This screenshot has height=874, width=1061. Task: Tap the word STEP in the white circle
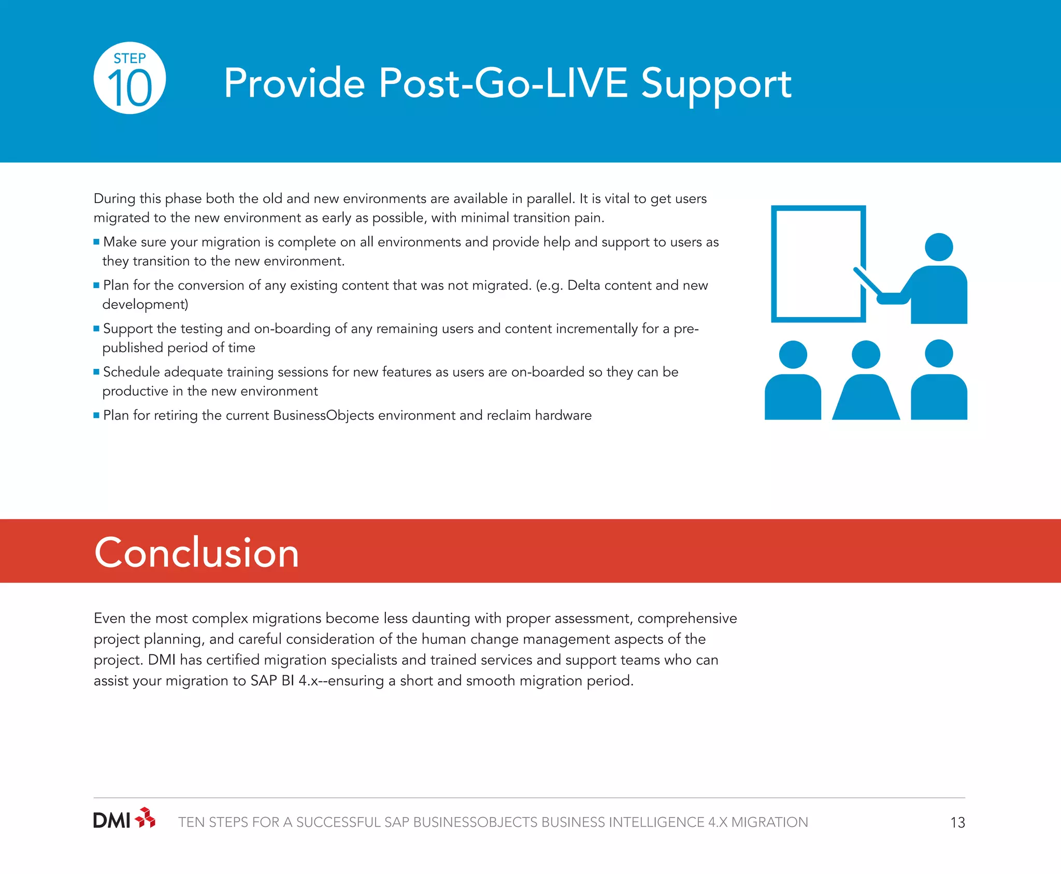tap(130, 58)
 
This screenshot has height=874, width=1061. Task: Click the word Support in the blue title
tap(716, 84)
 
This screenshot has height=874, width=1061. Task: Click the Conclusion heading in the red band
tap(196, 553)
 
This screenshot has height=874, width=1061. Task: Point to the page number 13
tap(957, 823)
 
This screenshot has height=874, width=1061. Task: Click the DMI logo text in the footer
tap(111, 821)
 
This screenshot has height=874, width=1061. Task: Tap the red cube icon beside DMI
tap(145, 818)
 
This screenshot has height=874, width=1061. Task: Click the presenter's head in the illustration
tap(939, 247)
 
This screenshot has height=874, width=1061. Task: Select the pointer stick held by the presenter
tap(867, 280)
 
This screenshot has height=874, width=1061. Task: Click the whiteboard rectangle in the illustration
tap(818, 263)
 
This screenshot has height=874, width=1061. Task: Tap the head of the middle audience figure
tap(866, 355)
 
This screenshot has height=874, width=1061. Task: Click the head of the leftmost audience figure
tap(793, 355)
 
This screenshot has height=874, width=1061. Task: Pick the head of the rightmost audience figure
tap(939, 354)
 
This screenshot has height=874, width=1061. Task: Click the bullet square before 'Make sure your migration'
tap(96, 242)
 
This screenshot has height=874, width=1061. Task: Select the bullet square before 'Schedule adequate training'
tap(96, 372)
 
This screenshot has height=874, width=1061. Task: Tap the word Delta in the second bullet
tap(584, 285)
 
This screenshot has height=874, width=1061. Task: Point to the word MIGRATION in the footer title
tap(769, 823)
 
